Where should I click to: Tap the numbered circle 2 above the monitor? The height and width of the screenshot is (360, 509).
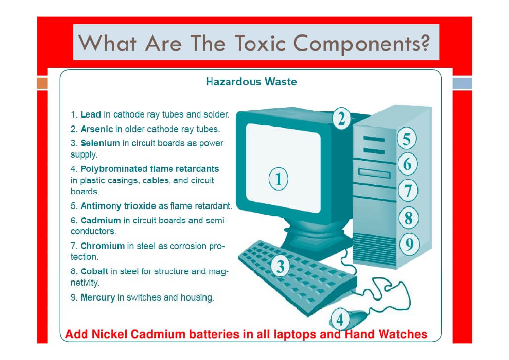coord(341,118)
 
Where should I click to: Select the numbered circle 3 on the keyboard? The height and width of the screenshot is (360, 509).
coord(281,267)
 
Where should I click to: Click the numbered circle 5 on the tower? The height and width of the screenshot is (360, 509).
coord(406,139)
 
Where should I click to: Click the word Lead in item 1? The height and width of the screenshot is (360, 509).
coord(91,115)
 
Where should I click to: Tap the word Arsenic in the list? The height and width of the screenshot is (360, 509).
coord(97,129)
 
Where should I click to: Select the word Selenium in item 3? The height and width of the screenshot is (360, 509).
coord(100,143)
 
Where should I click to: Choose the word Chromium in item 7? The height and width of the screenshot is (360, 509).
coord(102,246)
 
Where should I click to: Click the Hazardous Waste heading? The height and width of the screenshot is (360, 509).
coord(251,81)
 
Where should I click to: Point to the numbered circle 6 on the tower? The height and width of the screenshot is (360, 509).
coord(407,164)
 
